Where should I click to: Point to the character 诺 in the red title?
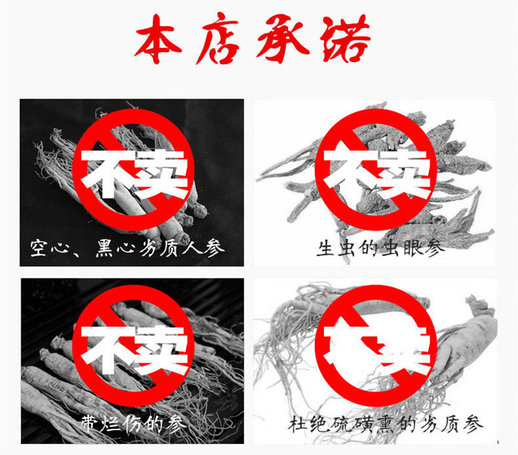pos(343,39)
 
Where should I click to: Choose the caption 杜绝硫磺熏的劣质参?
pos(385,423)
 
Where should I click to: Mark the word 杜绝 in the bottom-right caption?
pos(309,423)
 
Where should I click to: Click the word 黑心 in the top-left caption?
pos(110,247)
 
